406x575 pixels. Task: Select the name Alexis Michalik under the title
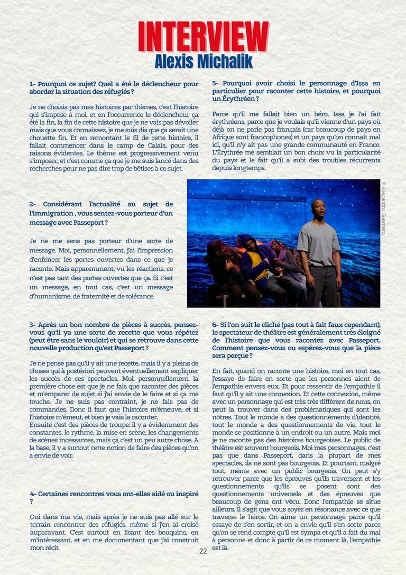tap(204, 61)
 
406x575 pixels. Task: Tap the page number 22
tap(203, 551)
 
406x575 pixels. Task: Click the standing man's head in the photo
tap(318, 209)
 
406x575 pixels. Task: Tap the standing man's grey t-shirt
tap(318, 243)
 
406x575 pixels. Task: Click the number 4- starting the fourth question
tap(33, 493)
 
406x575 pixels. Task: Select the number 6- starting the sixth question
tap(215, 324)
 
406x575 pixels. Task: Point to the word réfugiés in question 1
tap(120, 92)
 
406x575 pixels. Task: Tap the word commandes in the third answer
tap(46, 409)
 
